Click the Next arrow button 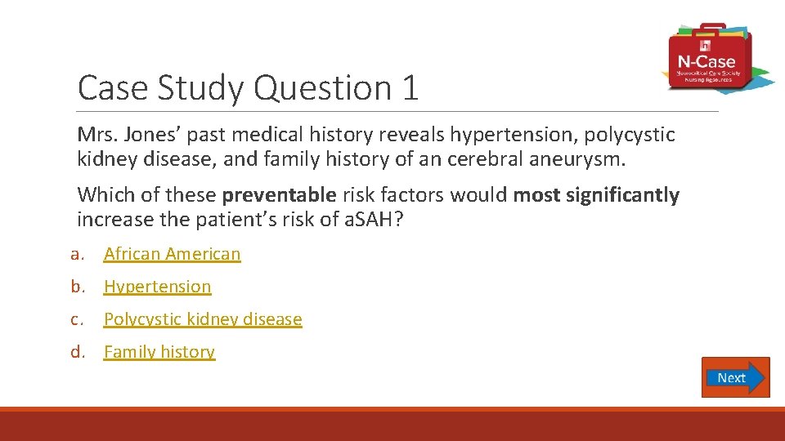[x=735, y=377]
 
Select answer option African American [x=172, y=254]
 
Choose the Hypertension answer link [x=157, y=287]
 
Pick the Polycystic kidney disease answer [x=203, y=319]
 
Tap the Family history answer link [x=159, y=352]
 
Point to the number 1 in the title [x=410, y=88]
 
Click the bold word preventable [x=279, y=195]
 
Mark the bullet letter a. [x=77, y=254]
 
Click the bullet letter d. [x=78, y=352]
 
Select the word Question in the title [x=323, y=88]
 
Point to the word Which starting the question [x=102, y=195]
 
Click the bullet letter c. [x=77, y=319]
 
